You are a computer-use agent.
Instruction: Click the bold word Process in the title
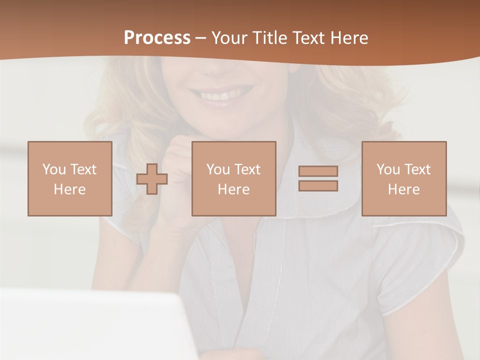tap(157, 38)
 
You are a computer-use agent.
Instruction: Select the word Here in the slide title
tap(349, 38)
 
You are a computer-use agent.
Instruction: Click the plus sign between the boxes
tap(152, 179)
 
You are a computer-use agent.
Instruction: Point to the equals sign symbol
tap(318, 178)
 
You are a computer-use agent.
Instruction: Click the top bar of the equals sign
tap(318, 171)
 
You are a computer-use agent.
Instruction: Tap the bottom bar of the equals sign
tap(318, 186)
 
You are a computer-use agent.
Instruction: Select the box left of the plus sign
tap(69, 178)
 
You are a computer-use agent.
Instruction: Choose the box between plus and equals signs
tap(233, 178)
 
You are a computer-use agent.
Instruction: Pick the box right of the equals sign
tap(403, 178)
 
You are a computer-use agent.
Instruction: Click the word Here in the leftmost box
tap(69, 189)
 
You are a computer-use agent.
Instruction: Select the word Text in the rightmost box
tap(418, 169)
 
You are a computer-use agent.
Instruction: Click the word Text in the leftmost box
tap(84, 169)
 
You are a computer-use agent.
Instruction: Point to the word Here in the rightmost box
tap(403, 189)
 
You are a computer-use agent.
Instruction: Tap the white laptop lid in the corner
tap(90, 325)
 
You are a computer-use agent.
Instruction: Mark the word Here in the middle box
tap(233, 189)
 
